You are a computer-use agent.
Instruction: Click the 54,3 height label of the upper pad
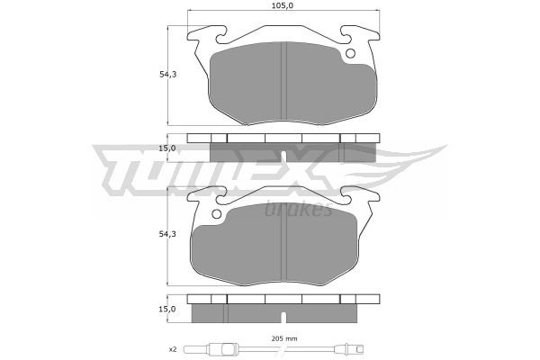coord(167,74)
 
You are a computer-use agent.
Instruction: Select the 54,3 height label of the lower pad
coord(167,234)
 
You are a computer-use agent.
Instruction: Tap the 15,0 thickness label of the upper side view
coord(167,148)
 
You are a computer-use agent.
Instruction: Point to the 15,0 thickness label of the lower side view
coord(167,309)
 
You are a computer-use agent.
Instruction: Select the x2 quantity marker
coord(173,350)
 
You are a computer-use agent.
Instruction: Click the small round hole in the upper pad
coord(350,53)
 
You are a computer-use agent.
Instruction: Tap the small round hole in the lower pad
coord(216,214)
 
